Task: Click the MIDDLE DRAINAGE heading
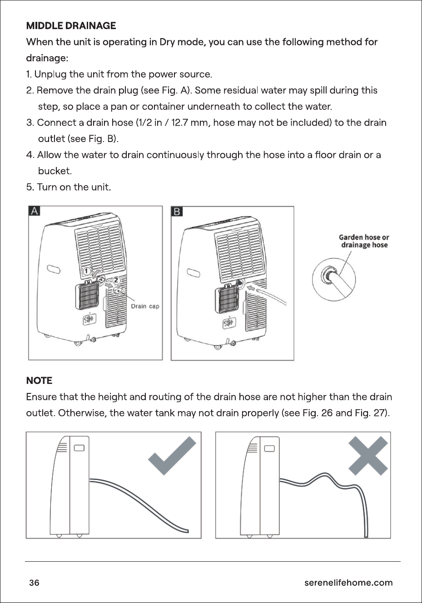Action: (x=71, y=25)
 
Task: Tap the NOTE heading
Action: (x=40, y=380)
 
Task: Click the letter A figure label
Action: (x=34, y=211)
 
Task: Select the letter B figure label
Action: (x=177, y=211)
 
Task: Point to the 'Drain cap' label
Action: (x=145, y=306)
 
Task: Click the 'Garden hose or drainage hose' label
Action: (x=364, y=241)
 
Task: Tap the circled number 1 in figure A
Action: (x=86, y=271)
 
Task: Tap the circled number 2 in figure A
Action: (x=116, y=280)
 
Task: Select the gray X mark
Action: (x=368, y=456)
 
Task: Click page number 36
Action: (x=34, y=583)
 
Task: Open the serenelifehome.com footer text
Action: (x=348, y=583)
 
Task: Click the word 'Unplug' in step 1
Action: (x=50, y=74)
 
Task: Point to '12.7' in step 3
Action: (x=180, y=123)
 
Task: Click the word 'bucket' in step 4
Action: (x=54, y=171)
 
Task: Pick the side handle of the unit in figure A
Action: (x=54, y=269)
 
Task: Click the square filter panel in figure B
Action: (x=227, y=299)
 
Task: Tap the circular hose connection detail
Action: (x=333, y=279)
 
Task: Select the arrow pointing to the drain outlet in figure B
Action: (x=251, y=288)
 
